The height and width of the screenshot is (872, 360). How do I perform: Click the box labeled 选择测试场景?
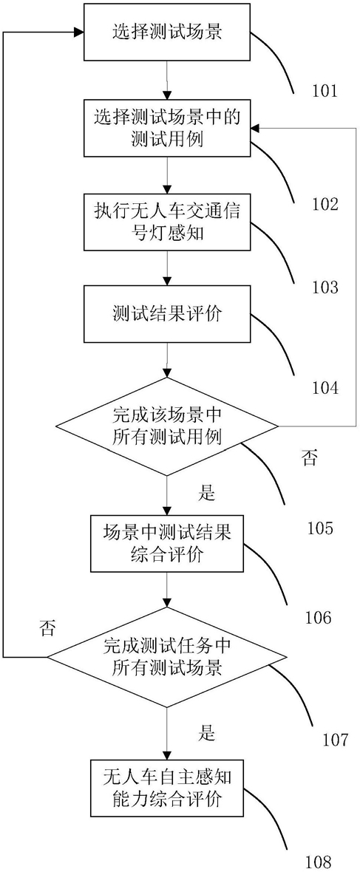(x=167, y=33)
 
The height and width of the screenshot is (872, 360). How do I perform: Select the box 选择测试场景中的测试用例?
(x=167, y=128)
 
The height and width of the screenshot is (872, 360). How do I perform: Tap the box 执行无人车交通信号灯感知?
(x=167, y=222)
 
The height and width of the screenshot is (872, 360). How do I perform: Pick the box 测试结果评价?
(x=167, y=313)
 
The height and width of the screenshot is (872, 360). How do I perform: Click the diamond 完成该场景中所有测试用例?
(x=167, y=426)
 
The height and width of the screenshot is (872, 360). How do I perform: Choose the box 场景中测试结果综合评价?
(x=167, y=543)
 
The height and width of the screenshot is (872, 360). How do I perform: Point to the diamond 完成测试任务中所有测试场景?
(x=167, y=657)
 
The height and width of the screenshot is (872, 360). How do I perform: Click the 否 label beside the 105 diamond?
(x=310, y=457)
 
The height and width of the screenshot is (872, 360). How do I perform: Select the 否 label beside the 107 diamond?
(x=48, y=628)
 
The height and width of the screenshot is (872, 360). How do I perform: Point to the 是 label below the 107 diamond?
(x=206, y=734)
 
